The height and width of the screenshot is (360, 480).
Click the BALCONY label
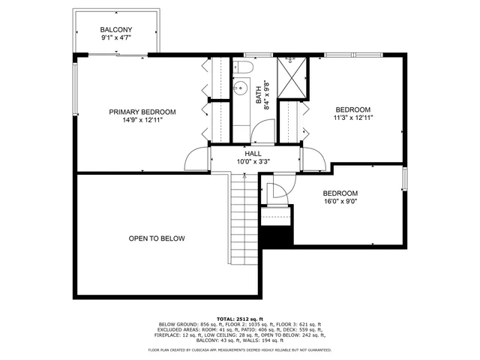(116, 30)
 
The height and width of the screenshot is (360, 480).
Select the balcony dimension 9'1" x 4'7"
(116, 39)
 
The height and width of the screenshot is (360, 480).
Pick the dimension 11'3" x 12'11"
(353, 118)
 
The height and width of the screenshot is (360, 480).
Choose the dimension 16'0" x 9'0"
(340, 201)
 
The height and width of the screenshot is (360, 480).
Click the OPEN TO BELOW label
(156, 238)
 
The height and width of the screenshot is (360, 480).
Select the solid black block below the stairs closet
(275, 235)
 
